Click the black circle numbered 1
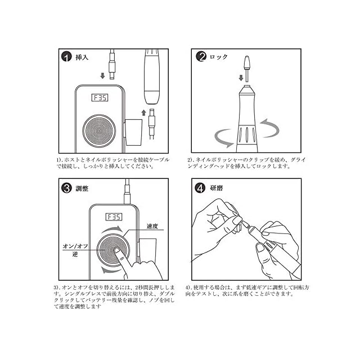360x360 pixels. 66,57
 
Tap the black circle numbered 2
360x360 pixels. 201,56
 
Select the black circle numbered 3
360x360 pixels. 67,188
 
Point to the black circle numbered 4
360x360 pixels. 200,188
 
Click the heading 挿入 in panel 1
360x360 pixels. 82,57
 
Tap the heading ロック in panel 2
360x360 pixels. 218,57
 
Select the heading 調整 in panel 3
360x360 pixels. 82,188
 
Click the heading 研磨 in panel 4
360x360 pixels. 217,188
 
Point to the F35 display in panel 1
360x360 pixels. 100,97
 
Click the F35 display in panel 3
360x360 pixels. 114,217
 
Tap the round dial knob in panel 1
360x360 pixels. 99,131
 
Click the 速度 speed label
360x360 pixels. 152,226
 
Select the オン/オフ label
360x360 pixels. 75,246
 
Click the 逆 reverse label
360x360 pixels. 75,254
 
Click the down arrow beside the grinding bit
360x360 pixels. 241,78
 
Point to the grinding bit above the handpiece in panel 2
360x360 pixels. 247,69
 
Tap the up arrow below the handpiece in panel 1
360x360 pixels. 144,112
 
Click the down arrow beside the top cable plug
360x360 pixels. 102,76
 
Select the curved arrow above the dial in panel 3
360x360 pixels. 112,229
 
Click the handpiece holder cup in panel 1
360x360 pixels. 134,132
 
